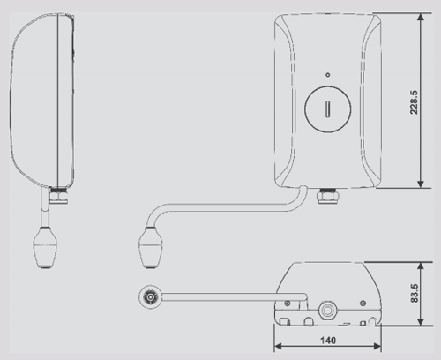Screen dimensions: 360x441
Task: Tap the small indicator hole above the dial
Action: click(x=326, y=75)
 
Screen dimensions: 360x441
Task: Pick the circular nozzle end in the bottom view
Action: click(x=152, y=297)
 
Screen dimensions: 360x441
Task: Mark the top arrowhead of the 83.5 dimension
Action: click(x=428, y=264)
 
